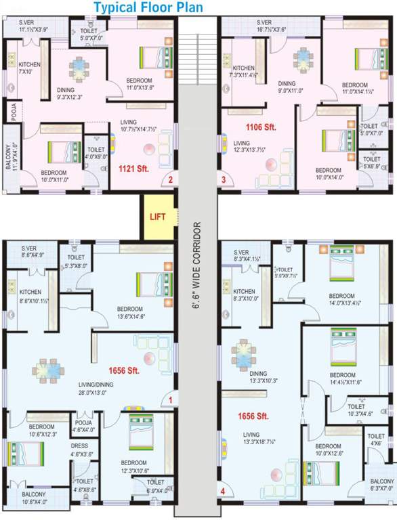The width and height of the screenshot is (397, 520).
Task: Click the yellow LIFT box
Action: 156,217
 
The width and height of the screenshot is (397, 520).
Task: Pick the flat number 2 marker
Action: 171,180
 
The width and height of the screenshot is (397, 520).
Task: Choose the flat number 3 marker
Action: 223,180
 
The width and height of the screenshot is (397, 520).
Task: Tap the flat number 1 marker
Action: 171,400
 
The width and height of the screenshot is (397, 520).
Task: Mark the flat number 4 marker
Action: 222,491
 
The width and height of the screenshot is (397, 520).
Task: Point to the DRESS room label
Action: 80,450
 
